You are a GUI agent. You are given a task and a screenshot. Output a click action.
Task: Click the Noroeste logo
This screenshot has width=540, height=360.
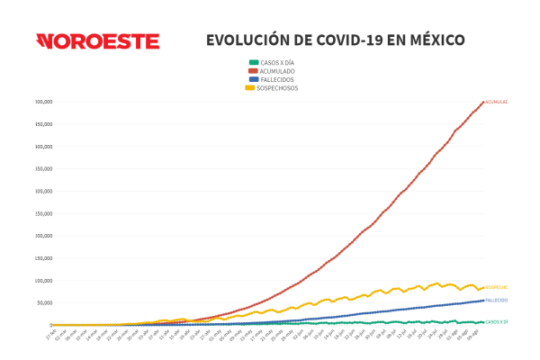(97, 41)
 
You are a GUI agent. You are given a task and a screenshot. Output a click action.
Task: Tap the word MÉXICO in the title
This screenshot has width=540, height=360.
(436, 40)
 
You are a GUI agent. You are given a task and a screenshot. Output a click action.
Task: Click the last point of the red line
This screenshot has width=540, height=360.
(483, 102)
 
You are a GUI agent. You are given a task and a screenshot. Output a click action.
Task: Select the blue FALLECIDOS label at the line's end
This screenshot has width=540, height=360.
(497, 301)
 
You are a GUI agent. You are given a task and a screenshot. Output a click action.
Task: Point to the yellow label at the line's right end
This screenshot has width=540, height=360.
(497, 288)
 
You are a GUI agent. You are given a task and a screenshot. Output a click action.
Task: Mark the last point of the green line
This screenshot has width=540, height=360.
(483, 322)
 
